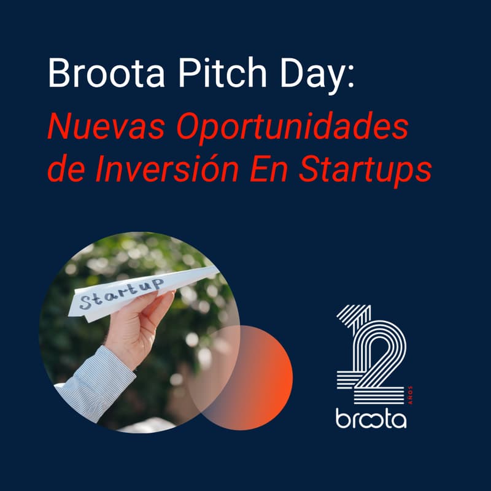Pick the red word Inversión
(168, 169)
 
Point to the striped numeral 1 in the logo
(352, 344)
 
